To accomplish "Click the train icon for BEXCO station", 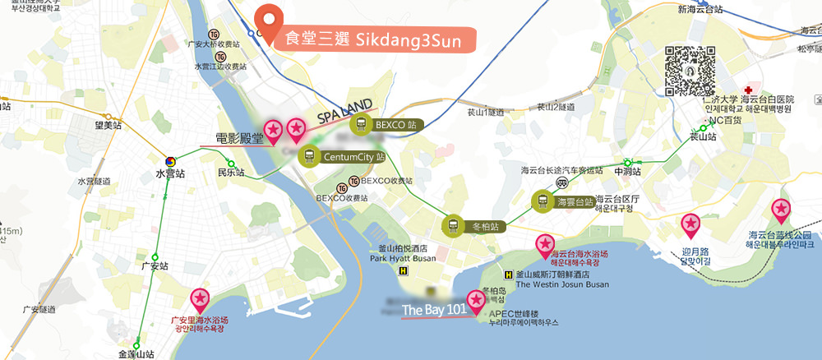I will tap(360, 125).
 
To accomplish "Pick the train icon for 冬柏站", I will tap(453, 225).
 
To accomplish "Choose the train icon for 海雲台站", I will tap(542, 201).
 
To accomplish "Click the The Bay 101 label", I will tap(434, 310).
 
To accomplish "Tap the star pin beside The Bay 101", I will tap(476, 301).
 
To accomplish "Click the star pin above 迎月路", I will tap(691, 224).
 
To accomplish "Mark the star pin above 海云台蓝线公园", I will tap(780, 210).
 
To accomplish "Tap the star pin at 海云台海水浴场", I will tap(545, 244).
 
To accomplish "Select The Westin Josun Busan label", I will tap(562, 285).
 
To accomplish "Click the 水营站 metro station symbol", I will tap(170, 161).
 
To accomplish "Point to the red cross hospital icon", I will tap(748, 89).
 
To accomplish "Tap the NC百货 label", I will tap(725, 119).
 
